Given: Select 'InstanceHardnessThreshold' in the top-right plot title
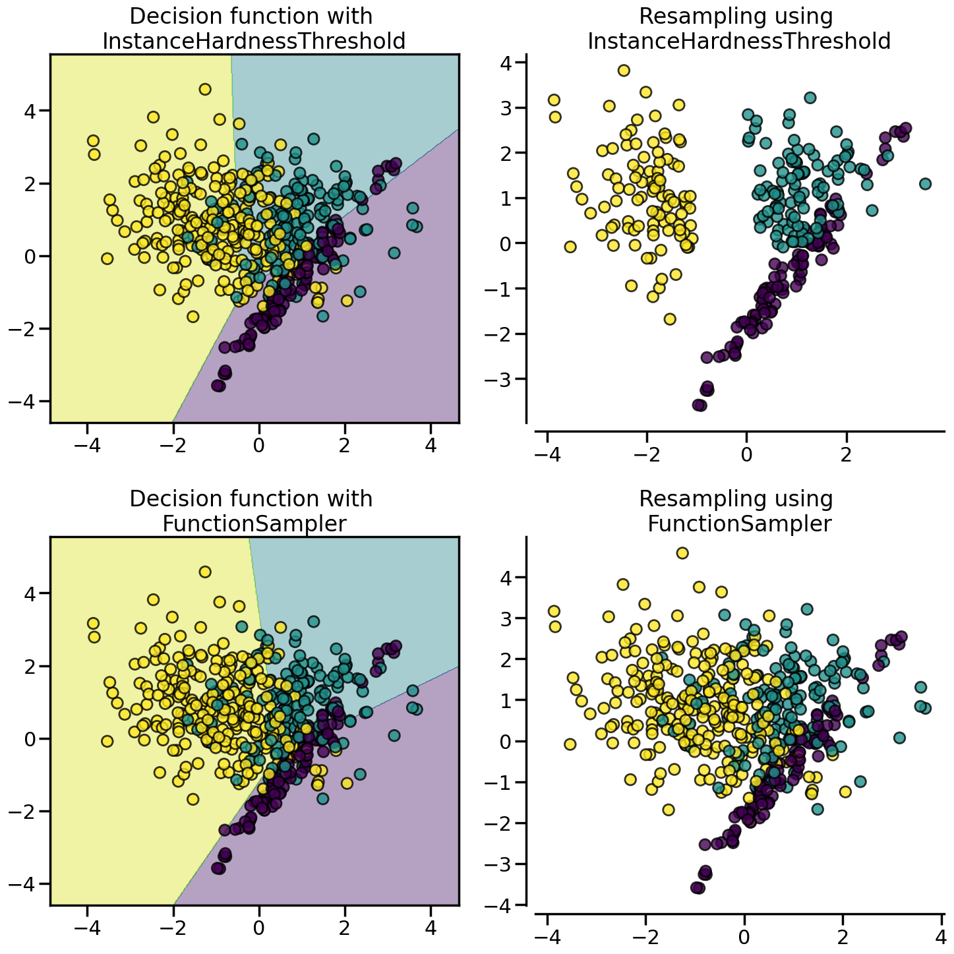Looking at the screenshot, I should pyautogui.click(x=738, y=42).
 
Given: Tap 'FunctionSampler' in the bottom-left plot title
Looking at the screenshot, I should pyautogui.click(x=254, y=523).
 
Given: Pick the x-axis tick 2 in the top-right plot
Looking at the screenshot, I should pyautogui.click(x=846, y=455).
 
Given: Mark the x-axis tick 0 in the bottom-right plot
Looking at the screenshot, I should pyautogui.click(x=744, y=938).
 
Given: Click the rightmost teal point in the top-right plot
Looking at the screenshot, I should pyautogui.click(x=925, y=183).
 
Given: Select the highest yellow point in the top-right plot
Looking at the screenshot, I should pyautogui.click(x=624, y=71).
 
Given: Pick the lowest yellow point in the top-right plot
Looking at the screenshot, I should pyautogui.click(x=670, y=319).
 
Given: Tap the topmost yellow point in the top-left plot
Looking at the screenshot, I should pyautogui.click(x=205, y=89).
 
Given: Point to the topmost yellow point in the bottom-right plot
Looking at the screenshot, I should pyautogui.click(x=682, y=553).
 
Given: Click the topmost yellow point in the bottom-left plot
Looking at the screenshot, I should pyautogui.click(x=205, y=572).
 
